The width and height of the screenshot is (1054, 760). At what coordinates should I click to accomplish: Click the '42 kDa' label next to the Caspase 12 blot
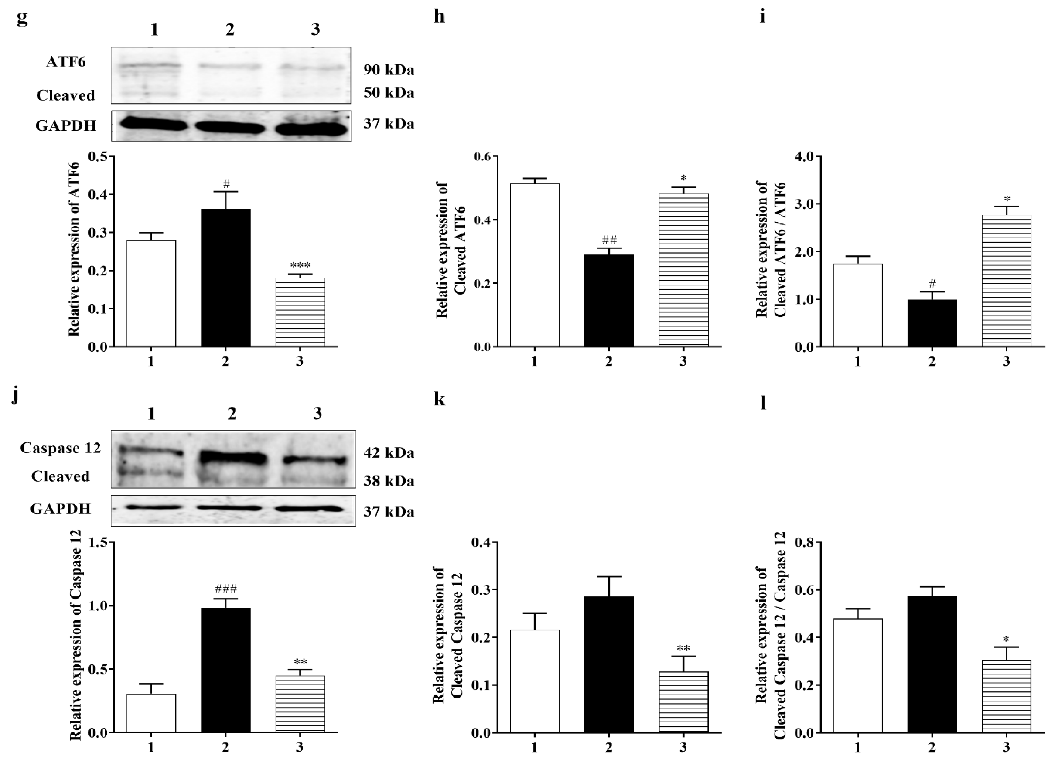pyautogui.click(x=389, y=453)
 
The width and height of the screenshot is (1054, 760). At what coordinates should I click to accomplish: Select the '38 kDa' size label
pyautogui.click(x=389, y=481)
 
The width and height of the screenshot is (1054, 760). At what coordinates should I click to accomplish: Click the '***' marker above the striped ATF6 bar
pyautogui.click(x=300, y=266)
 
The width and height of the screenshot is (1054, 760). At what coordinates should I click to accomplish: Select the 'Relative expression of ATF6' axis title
pyautogui.click(x=74, y=251)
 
